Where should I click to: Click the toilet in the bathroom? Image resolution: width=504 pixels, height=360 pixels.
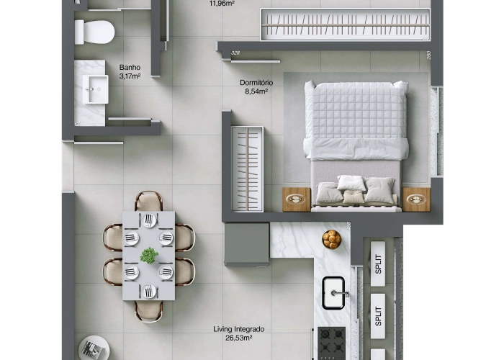coord(94,31)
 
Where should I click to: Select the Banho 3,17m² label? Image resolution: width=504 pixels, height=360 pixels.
coord(130,71)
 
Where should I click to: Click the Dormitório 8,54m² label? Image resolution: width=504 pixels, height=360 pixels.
coord(256,87)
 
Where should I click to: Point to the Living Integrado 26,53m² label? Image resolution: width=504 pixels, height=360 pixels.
coord(238,333)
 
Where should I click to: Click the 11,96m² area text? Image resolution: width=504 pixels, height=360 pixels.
coord(222,3)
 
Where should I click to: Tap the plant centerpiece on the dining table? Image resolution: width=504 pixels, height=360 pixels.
coord(149,255)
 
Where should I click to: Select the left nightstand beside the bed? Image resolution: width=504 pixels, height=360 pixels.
coord(296,199)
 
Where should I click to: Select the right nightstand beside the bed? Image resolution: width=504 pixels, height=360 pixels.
coord(415,199)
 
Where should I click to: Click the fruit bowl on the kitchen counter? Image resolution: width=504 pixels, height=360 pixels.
coord(331,238)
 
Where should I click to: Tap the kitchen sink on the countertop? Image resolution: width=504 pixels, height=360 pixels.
coord(336,291)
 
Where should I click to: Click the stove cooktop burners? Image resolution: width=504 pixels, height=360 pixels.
coord(330,343)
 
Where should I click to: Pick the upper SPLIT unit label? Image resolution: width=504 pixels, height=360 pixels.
coord(377,264)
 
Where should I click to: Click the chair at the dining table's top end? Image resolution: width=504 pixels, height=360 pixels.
coord(148,201)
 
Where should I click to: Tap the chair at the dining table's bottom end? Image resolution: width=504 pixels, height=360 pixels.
coord(148,310)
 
